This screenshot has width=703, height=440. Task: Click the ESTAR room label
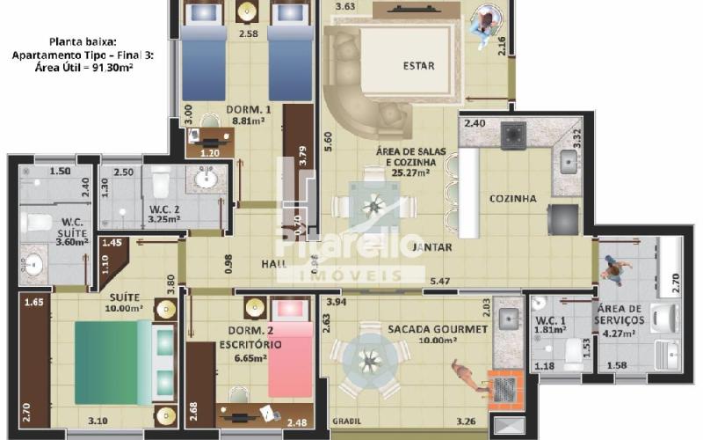pyautogui.click(x=418, y=66)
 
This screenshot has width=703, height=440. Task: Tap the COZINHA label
pyautogui.click(x=512, y=199)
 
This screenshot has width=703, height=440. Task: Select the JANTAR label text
pyautogui.click(x=431, y=246)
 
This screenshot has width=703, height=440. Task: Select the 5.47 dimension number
pyautogui.click(x=441, y=282)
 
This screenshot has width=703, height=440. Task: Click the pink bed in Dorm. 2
pyautogui.click(x=289, y=361)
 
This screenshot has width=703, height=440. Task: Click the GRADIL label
pyautogui.click(x=346, y=421)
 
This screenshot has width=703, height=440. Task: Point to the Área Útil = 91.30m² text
pyautogui.click(x=83, y=67)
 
